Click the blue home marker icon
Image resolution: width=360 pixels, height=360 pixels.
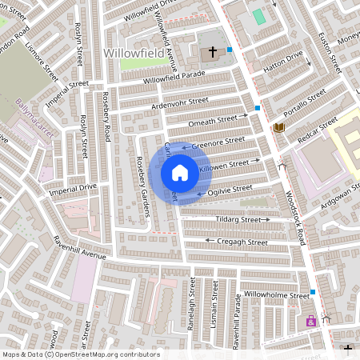180,173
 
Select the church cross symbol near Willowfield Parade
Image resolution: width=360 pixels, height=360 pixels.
213,53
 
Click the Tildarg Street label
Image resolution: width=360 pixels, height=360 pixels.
238,219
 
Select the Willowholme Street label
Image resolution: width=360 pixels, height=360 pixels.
276,296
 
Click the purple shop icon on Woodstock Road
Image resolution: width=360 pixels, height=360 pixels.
310,322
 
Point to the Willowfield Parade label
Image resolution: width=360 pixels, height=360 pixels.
174,78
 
